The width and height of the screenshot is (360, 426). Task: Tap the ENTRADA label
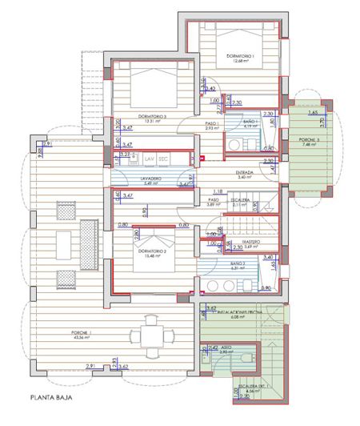[245, 171]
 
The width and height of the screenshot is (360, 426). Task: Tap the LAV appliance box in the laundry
[149, 159]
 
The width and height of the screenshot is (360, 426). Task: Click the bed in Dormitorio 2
[153, 240]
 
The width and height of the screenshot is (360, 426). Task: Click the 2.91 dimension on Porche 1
[71, 366]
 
